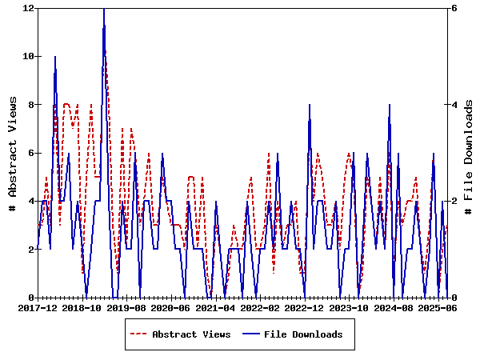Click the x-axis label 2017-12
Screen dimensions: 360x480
(x=38, y=307)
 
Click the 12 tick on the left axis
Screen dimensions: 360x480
(x=29, y=8)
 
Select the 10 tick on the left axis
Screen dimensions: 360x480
(x=29, y=56)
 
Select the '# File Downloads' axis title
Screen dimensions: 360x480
(x=469, y=153)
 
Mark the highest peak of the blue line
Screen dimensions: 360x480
(x=104, y=9)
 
